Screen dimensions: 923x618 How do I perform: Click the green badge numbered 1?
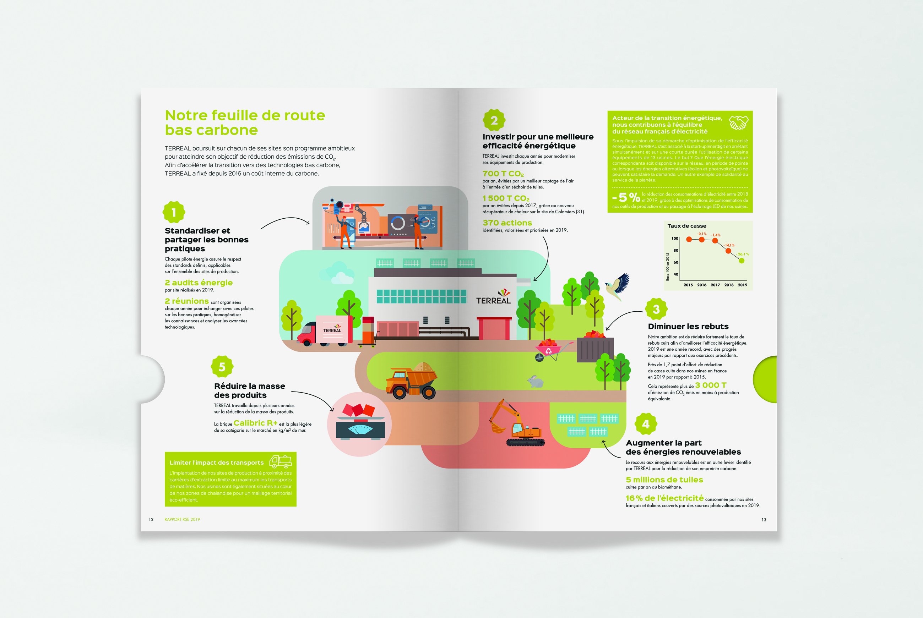click(174, 212)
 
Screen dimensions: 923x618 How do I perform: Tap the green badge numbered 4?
click(646, 424)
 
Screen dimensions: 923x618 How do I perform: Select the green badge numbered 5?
click(222, 367)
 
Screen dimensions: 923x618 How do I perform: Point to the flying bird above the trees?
click(618, 285)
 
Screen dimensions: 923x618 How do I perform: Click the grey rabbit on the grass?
click(536, 381)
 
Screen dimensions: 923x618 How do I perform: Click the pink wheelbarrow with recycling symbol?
click(549, 349)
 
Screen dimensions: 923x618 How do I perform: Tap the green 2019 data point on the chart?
click(742, 261)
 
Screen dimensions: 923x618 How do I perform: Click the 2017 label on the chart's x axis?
click(715, 285)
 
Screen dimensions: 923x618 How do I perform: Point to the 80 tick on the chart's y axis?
click(676, 250)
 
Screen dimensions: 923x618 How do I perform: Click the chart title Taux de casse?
click(687, 226)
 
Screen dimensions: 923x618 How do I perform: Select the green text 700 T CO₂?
click(503, 174)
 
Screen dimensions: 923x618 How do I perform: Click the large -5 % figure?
click(626, 197)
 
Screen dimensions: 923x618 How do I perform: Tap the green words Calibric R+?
click(255, 423)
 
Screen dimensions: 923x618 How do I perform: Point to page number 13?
click(764, 520)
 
